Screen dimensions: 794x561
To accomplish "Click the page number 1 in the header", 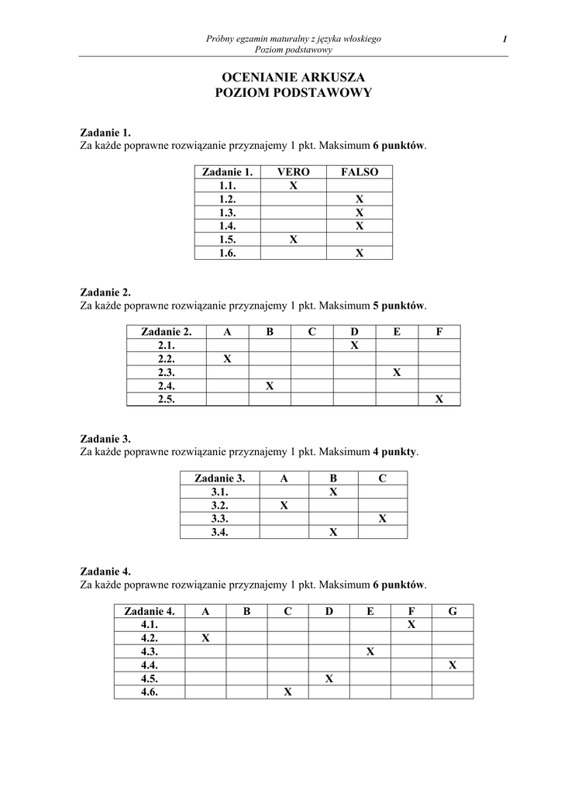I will pos(504,39).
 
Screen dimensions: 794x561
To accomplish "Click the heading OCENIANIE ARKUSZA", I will pos(293,77).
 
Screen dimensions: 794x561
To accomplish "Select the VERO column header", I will pos(294,172).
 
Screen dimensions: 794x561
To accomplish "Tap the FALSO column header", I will pos(360,172).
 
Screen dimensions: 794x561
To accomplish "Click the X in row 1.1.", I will pos(294,186).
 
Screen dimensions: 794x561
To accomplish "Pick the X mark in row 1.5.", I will pos(294,239).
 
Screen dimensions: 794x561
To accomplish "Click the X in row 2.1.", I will pos(354,345).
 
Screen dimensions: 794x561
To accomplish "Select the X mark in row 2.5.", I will pos(439,399).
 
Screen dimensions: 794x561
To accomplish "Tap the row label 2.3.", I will pos(167,372).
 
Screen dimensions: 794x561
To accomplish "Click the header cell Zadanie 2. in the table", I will pos(167,332).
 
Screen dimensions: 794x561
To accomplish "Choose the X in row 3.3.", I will pos(383,518).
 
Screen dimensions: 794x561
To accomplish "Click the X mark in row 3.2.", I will pos(284,505).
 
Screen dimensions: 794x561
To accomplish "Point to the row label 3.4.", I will pos(219,532).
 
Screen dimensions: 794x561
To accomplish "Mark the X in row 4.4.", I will pos(453,665).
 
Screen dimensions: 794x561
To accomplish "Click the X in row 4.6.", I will pos(287,692).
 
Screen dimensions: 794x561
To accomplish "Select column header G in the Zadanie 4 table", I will pos(453,611).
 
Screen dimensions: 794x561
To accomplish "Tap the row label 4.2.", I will pos(150,638).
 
